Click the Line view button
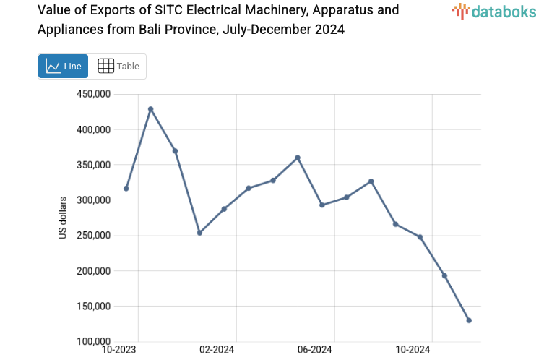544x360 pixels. tap(63, 66)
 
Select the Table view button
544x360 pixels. tap(118, 66)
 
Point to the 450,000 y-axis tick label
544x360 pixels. tap(92, 95)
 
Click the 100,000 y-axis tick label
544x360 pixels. tap(92, 342)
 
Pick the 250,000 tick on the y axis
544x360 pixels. tap(92, 236)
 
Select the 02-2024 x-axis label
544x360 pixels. tap(217, 350)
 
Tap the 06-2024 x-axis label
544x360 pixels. tap(314, 350)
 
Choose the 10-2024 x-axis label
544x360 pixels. tap(413, 350)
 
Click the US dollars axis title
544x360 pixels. tap(63, 218)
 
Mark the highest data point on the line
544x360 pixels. tap(151, 109)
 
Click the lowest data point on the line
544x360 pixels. tap(469, 320)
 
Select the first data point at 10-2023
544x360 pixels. tap(126, 189)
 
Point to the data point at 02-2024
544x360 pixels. tap(224, 209)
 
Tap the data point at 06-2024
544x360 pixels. tap(322, 205)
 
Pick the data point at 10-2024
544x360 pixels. tap(420, 237)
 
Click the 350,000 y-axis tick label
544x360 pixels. tap(92, 165)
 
